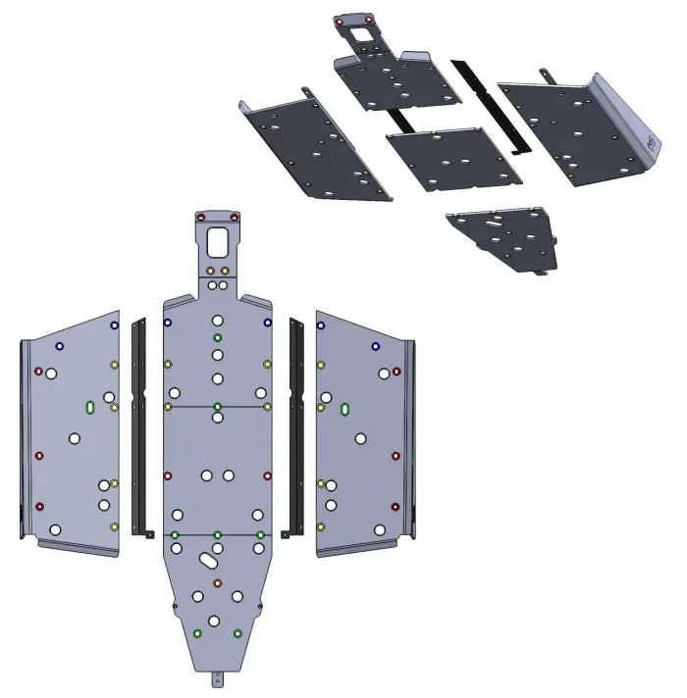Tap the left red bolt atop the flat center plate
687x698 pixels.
pos(201,216)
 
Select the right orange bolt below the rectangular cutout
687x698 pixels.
pos(225,270)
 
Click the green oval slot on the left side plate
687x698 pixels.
pos(90,407)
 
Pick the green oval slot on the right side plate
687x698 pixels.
pos(345,408)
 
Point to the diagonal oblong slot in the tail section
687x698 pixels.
pos(209,561)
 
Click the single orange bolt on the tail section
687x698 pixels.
pos(218,584)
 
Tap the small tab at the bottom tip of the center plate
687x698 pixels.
pos(218,676)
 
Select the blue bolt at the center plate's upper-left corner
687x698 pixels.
pos(168,322)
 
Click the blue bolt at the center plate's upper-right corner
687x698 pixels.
pos(268,322)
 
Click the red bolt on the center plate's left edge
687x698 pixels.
pos(168,476)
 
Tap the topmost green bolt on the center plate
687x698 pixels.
pos(218,337)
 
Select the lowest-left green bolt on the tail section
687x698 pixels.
pos(198,633)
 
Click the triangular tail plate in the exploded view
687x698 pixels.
pos(505,238)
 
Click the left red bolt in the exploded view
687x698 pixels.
pos(339,21)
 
